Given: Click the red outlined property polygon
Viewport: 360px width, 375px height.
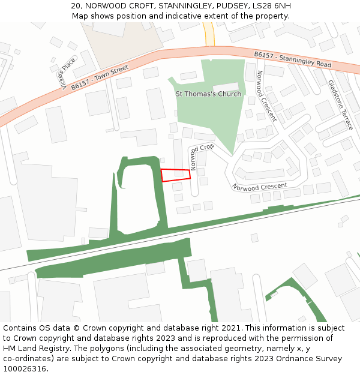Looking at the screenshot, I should click(x=175, y=175).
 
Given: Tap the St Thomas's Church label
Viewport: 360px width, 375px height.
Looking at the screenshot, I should click(x=208, y=94).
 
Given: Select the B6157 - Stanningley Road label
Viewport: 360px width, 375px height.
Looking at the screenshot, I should click(x=292, y=59).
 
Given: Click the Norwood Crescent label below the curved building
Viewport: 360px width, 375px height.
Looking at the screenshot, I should click(x=259, y=187).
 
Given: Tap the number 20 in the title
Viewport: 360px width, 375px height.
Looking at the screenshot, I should click(x=76, y=6).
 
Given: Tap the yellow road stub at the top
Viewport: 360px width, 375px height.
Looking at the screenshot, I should click(x=208, y=33).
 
